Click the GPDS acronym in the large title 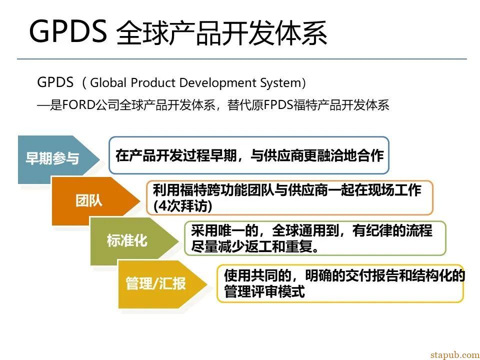click(x=68, y=31)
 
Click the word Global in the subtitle click(x=108, y=82)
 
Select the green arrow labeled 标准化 click(x=134, y=241)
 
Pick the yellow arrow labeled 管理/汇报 click(x=162, y=284)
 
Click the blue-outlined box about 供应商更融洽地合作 click(x=249, y=155)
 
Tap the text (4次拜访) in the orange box click(x=183, y=205)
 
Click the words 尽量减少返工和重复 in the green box click(x=255, y=246)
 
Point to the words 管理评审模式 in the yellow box click(x=264, y=291)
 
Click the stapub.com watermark click(x=455, y=355)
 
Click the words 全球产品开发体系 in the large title click(x=221, y=32)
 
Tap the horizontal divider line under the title click(x=242, y=59)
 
